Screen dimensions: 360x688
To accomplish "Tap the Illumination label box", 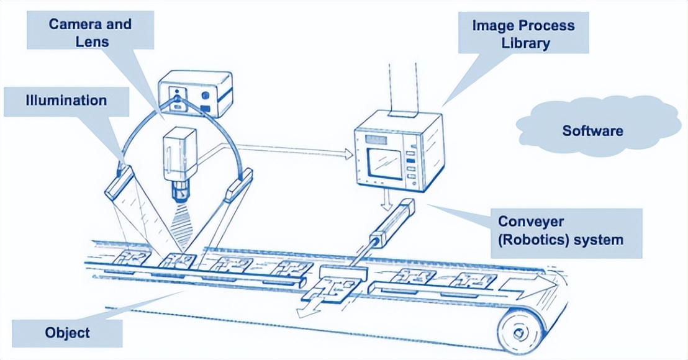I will [x=66, y=101].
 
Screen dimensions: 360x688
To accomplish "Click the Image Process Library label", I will [x=523, y=35].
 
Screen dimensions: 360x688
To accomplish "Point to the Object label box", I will [x=67, y=333].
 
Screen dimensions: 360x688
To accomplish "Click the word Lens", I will [x=91, y=42].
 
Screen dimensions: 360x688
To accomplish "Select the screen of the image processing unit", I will [x=385, y=164].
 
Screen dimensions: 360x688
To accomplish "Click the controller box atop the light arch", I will [x=194, y=94].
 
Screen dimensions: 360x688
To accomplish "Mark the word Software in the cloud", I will [x=594, y=131].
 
